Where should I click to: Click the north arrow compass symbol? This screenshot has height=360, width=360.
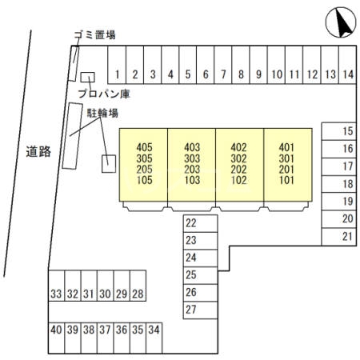(x=341, y=22)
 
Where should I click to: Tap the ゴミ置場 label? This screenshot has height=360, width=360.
(x=94, y=35)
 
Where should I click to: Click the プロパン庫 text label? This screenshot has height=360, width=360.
(x=104, y=94)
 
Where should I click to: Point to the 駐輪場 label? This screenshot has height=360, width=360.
(x=102, y=113)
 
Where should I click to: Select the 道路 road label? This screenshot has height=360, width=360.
(x=38, y=152)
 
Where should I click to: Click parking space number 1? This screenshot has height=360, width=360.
(x=117, y=65)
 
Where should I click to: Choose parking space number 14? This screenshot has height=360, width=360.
(x=348, y=65)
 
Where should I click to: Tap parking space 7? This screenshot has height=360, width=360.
(x=223, y=65)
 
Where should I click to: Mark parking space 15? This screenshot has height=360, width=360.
(x=339, y=131)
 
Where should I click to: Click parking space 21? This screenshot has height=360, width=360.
(x=339, y=237)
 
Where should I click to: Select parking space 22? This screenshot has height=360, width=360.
(x=200, y=223)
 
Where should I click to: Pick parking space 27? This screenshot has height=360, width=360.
(x=200, y=310)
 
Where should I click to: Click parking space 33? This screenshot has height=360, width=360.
(x=56, y=286)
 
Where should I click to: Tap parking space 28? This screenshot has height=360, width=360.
(x=138, y=286)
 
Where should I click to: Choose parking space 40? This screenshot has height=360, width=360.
(x=56, y=338)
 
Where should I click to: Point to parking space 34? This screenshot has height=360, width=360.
(x=154, y=338)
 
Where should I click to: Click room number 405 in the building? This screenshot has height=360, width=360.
(x=144, y=147)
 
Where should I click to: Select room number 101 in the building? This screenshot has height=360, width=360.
(x=286, y=180)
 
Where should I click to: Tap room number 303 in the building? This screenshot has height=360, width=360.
(x=192, y=158)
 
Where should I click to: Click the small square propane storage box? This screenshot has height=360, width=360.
(x=87, y=77)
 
